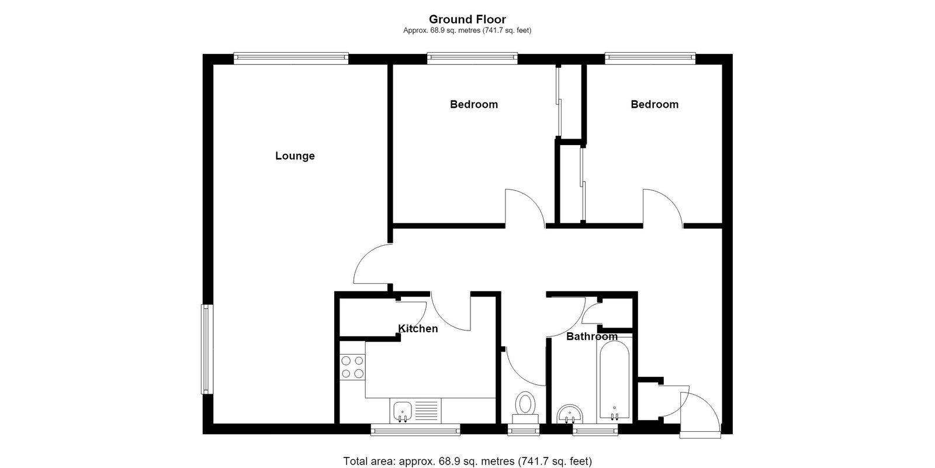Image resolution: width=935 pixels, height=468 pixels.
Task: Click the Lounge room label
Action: tap(295, 156)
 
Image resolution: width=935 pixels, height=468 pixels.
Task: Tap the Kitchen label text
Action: tap(418, 328)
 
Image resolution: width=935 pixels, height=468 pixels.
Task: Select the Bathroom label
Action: tap(592, 336)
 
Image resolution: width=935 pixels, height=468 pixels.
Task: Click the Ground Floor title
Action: tap(467, 19)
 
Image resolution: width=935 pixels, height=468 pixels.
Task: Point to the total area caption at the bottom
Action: tap(467, 462)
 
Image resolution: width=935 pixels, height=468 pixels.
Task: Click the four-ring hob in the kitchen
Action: tap(352, 367)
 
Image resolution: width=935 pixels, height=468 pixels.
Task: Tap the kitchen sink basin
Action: tap(403, 411)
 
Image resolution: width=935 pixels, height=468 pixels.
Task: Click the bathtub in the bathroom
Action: tap(614, 380)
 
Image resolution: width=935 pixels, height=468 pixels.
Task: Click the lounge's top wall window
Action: tap(291, 58)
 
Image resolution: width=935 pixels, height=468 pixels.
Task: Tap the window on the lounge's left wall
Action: tap(207, 349)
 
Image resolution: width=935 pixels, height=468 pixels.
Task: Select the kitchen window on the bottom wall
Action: tap(415, 430)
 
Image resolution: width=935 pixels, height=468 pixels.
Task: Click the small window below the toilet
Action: tap(524, 430)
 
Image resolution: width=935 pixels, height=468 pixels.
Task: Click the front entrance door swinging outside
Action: tap(701, 414)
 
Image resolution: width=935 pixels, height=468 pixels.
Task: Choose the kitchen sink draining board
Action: tap(427, 410)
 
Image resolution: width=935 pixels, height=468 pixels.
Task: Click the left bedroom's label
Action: tap(474, 105)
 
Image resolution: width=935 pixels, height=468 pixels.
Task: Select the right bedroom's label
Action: tap(654, 105)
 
